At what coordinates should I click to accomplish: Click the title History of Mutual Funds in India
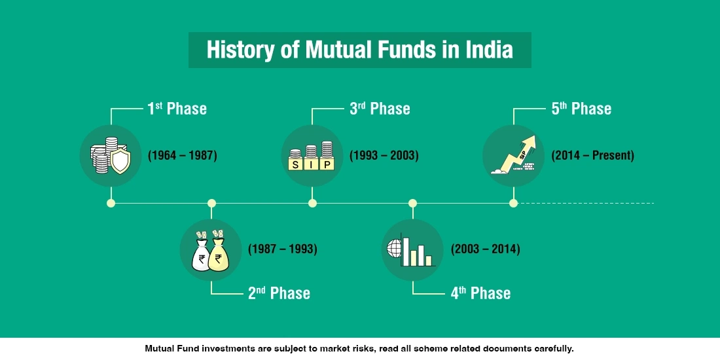(x=359, y=50)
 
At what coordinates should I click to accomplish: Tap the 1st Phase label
(x=177, y=109)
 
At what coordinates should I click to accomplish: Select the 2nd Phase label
(x=279, y=293)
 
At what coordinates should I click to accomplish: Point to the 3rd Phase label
(x=380, y=109)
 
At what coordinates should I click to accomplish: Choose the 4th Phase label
(x=480, y=293)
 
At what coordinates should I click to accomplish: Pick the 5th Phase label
(x=581, y=109)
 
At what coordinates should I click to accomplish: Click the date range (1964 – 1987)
(x=182, y=156)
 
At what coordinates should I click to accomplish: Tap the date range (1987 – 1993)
(x=283, y=249)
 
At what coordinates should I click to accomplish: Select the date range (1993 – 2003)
(x=384, y=156)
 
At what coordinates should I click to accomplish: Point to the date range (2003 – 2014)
(x=485, y=249)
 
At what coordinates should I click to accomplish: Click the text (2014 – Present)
(x=592, y=156)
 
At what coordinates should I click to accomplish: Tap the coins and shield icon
(x=111, y=156)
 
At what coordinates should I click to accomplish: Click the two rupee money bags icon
(x=211, y=250)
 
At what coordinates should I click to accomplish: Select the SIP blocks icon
(x=312, y=156)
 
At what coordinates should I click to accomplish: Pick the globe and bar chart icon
(x=412, y=250)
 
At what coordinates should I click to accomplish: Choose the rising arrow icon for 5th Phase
(x=514, y=156)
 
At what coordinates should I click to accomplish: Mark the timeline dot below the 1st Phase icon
(x=111, y=203)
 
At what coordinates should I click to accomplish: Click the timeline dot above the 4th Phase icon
(x=412, y=203)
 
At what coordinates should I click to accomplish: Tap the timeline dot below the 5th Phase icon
(x=513, y=203)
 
